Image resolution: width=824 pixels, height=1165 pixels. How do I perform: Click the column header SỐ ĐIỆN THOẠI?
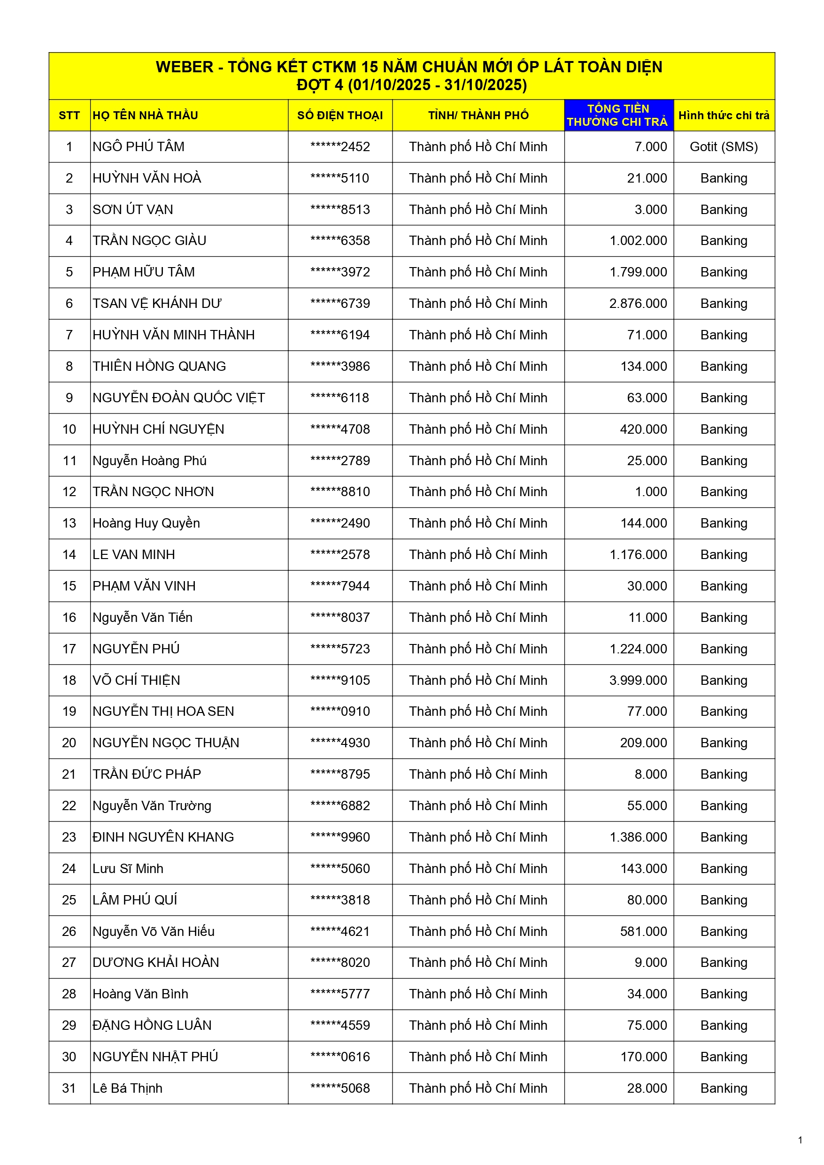pyautogui.click(x=339, y=115)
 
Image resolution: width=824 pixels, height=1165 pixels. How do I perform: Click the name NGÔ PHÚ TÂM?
pyautogui.click(x=138, y=146)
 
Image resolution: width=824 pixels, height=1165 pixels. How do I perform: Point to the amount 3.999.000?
pyautogui.click(x=638, y=680)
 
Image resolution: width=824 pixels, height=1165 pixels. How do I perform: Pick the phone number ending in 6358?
pyautogui.click(x=339, y=240)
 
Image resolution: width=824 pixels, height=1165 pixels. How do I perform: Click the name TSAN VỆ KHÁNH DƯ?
pyautogui.click(x=157, y=303)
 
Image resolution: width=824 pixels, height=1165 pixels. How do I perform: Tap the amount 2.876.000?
pyautogui.click(x=638, y=303)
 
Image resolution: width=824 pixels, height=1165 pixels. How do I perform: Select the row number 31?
pyautogui.click(x=69, y=1088)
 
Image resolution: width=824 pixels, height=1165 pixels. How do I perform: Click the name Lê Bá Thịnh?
pyautogui.click(x=127, y=1088)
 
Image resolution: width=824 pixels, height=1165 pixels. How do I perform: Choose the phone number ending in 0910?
pyautogui.click(x=339, y=712)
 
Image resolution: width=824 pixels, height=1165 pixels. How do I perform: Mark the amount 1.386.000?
pyautogui.click(x=638, y=837)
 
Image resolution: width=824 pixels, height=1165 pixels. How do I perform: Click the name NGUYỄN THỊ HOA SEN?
pyautogui.click(x=163, y=712)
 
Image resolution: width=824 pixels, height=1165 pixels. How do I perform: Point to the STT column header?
pyautogui.click(x=69, y=115)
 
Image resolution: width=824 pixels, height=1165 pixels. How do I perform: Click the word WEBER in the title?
pyautogui.click(x=185, y=67)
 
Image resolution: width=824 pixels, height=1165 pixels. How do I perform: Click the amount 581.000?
pyautogui.click(x=643, y=931)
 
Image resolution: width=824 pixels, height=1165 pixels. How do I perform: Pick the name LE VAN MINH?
pyautogui.click(x=133, y=555)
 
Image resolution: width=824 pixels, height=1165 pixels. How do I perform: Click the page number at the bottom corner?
pyautogui.click(x=800, y=1140)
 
